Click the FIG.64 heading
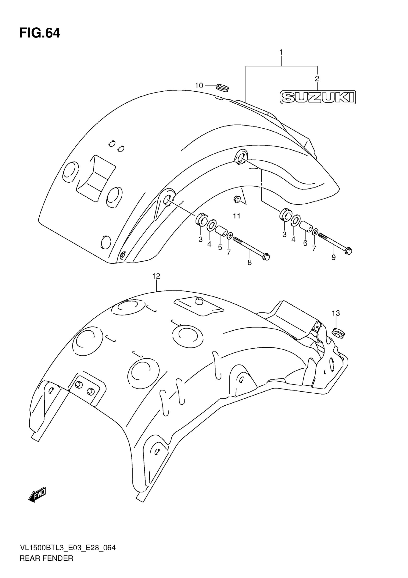40,33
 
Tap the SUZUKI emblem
318,97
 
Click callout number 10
199,86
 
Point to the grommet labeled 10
222,88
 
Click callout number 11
237,216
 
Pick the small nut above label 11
237,200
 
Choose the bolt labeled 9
335,242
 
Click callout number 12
156,276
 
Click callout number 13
336,313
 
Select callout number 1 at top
281,52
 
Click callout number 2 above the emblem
317,79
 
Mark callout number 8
249,263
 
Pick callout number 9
333,257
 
